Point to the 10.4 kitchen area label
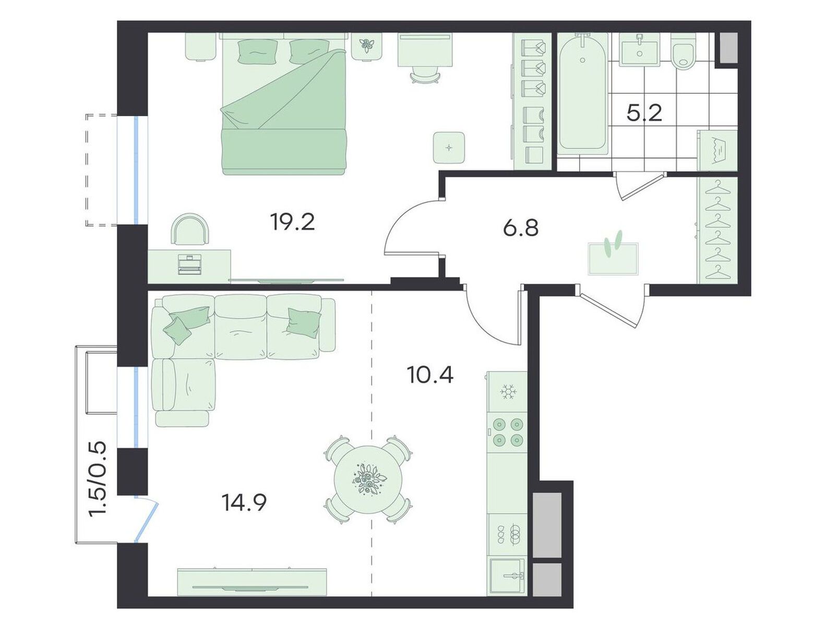click(x=430, y=375)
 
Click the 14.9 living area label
click(x=245, y=502)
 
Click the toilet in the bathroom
click(x=684, y=52)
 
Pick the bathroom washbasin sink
click(x=640, y=50)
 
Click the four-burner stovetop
click(x=507, y=431)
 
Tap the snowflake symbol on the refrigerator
click(x=508, y=392)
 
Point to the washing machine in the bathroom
click(x=716, y=150)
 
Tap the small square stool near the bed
click(x=449, y=148)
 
